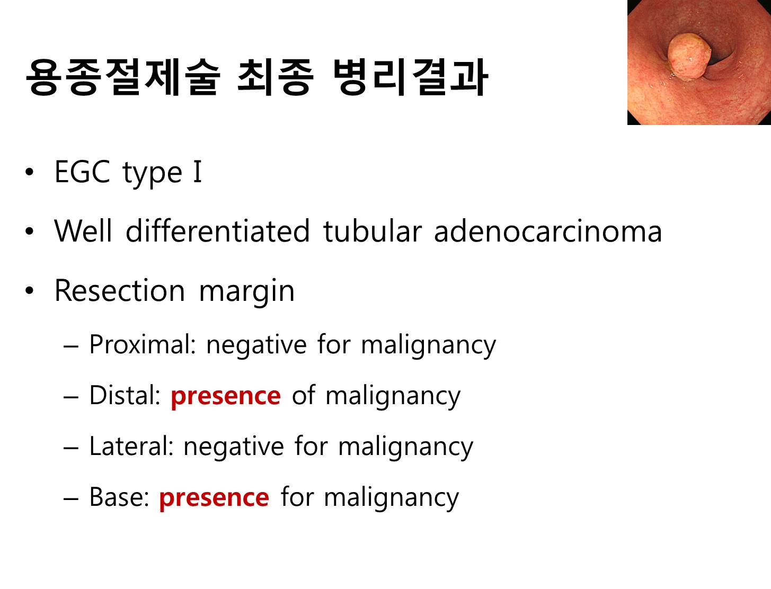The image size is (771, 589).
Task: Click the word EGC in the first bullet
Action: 82,172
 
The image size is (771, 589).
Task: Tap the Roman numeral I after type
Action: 198,172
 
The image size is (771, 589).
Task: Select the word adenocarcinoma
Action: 548,231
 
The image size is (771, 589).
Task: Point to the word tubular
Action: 373,231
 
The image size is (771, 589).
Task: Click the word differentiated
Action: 218,231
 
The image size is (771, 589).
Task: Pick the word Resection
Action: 119,291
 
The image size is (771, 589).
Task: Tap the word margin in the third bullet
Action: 246,292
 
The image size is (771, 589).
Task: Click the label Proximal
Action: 142,344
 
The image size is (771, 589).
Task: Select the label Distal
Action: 125,395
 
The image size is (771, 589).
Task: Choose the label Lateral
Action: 131,446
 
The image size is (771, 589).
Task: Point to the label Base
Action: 119,497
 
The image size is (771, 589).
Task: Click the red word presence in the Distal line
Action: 226,397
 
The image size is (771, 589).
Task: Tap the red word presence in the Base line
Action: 214,499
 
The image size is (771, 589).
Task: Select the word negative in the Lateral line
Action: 234,448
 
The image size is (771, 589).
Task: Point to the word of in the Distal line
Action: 304,395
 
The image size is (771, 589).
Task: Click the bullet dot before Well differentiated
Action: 30,231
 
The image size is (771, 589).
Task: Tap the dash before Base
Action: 70,498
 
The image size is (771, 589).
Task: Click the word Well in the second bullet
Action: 83,231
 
